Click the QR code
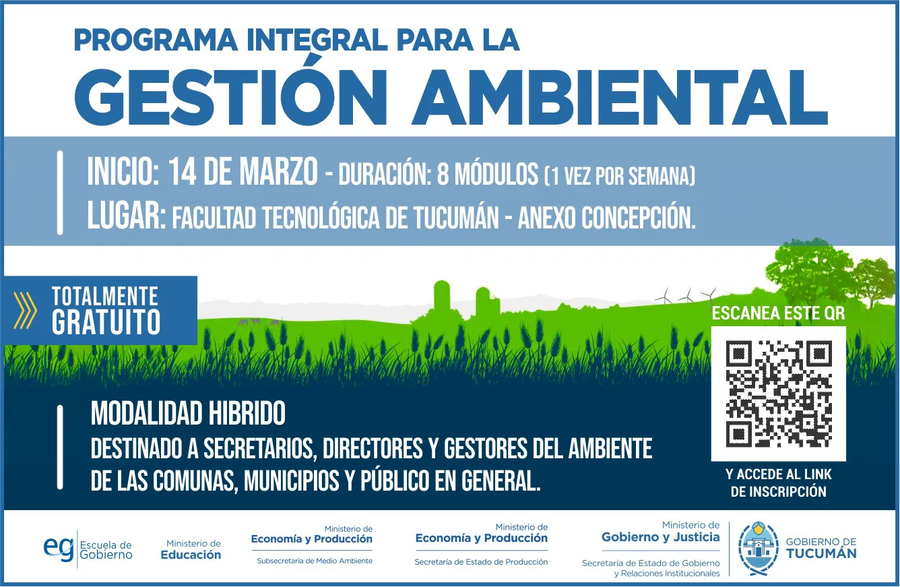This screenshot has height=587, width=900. [779, 394]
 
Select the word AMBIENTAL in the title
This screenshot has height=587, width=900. [620, 98]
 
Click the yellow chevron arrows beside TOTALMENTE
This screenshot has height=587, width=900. [25, 310]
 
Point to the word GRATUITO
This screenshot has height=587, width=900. [106, 322]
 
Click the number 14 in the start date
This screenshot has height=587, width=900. [182, 172]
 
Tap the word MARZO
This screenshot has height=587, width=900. [278, 172]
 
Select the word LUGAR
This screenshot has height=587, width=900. [127, 216]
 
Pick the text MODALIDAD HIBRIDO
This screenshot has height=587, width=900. [188, 413]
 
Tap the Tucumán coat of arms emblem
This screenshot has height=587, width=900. [758, 549]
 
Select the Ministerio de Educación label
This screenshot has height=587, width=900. [191, 550]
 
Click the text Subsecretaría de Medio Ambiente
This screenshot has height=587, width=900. [315, 561]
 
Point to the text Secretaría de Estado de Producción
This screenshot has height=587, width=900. [481, 561]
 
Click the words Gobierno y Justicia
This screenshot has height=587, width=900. [661, 538]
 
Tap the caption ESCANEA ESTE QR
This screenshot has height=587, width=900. [778, 313]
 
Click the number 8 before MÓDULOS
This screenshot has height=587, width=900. [443, 175]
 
